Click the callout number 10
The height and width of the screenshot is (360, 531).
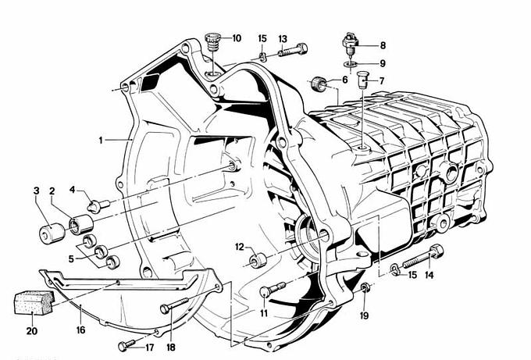[237, 38]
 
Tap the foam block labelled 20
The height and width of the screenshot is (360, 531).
[34, 302]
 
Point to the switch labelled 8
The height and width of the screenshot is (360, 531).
[350, 44]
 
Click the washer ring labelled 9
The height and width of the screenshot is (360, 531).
[350, 64]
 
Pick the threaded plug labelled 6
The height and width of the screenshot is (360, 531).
[319, 84]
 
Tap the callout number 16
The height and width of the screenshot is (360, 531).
[81, 330]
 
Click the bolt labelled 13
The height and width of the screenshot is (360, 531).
[293, 50]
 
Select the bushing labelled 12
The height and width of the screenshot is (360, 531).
[258, 260]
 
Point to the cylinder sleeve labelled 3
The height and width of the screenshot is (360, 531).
[52, 233]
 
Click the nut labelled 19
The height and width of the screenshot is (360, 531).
[365, 287]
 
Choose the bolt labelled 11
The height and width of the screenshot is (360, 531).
[273, 290]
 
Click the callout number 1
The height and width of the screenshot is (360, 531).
[101, 141]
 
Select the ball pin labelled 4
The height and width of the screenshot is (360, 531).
[98, 205]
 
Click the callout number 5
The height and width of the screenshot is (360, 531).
[71, 259]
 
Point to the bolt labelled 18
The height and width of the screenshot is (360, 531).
[173, 305]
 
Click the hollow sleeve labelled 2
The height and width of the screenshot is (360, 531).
[81, 225]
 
